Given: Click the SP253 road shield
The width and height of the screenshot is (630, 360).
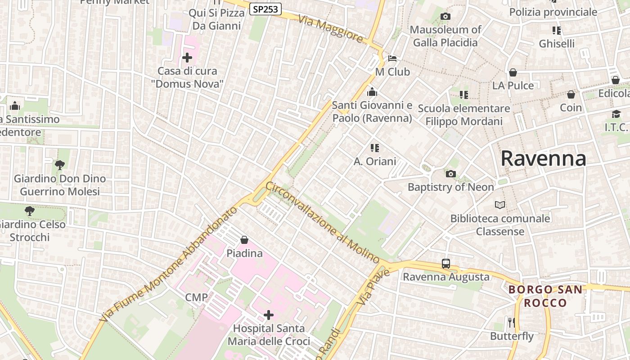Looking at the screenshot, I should tap(265, 9).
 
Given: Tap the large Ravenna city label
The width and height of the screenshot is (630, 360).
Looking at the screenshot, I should tap(543, 158).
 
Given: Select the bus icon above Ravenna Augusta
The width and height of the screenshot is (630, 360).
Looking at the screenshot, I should tap(445, 264).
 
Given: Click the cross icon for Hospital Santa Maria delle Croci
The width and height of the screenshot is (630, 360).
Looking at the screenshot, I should tap(269, 315).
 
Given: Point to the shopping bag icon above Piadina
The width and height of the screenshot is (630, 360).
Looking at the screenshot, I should tap(244, 240).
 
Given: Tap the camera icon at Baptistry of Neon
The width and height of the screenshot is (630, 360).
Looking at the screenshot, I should tap(450, 174).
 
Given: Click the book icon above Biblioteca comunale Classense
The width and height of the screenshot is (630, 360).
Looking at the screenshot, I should tap(500, 205).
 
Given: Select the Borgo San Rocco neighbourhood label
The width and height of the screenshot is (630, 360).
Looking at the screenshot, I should tap(545, 296).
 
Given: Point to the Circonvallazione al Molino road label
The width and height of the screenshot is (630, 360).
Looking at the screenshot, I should tap(323, 222).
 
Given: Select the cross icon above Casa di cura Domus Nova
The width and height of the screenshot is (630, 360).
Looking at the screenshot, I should tap(187, 58).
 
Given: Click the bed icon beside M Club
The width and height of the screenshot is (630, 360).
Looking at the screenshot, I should tap(392, 58).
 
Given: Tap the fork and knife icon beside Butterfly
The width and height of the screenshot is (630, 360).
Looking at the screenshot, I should tap(511, 322).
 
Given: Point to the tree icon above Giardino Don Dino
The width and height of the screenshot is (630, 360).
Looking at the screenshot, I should tap(59, 165).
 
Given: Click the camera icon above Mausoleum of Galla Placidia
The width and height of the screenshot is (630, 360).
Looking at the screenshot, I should tap(445, 17).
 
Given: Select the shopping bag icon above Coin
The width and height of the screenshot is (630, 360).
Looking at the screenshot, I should tap(571, 94).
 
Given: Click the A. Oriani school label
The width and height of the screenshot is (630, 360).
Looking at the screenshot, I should tap(375, 161).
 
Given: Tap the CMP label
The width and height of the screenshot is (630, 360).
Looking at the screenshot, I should tap(197, 297).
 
